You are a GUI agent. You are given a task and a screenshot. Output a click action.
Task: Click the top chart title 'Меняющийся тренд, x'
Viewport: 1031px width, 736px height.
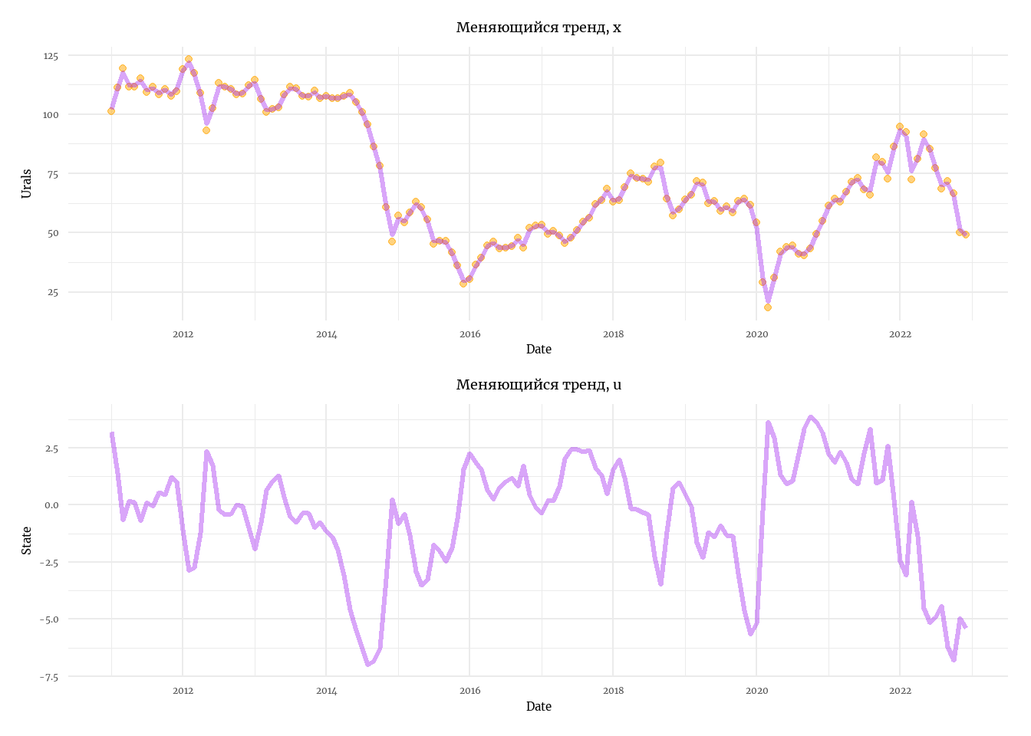tap(539, 28)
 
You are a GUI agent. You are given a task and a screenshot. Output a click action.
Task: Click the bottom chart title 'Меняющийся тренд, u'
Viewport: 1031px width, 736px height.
tap(539, 385)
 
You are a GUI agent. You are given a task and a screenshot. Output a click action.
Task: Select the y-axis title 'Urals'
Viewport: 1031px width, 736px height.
tap(27, 184)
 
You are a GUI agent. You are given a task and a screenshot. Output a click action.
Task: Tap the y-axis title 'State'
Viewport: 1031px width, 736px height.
tap(27, 540)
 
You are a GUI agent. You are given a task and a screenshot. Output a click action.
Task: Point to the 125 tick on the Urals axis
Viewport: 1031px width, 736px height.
tap(51, 56)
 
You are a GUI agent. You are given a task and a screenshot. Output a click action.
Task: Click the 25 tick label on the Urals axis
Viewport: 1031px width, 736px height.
tap(53, 292)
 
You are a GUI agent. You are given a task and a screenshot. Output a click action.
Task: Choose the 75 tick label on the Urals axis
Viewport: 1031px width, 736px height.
tap(53, 174)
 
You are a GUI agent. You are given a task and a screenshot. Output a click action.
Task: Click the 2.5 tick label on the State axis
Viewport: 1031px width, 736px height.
tap(51, 448)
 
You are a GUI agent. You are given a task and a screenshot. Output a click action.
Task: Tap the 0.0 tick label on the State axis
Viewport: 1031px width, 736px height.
tap(51, 505)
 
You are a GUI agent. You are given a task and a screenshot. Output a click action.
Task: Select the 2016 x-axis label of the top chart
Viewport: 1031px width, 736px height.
tap(469, 334)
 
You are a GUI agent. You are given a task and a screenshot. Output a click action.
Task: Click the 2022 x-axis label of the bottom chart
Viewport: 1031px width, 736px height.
tap(900, 691)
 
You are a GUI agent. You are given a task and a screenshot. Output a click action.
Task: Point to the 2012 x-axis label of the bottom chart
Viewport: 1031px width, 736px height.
tap(183, 691)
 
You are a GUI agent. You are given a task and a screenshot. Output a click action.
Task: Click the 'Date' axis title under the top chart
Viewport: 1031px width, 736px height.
tap(539, 350)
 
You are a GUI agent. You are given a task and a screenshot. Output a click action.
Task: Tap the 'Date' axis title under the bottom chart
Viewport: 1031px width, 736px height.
tap(539, 707)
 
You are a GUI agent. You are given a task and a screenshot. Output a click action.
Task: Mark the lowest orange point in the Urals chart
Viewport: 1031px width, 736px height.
tap(768, 307)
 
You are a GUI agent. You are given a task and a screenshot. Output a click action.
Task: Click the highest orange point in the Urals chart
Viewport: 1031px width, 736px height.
tap(189, 59)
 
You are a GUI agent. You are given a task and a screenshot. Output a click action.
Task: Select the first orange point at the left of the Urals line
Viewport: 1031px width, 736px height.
tap(111, 111)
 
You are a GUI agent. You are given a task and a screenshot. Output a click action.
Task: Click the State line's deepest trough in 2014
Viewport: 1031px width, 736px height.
tap(368, 664)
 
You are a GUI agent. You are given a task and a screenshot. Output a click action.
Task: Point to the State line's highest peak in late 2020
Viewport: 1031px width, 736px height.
tap(810, 417)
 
